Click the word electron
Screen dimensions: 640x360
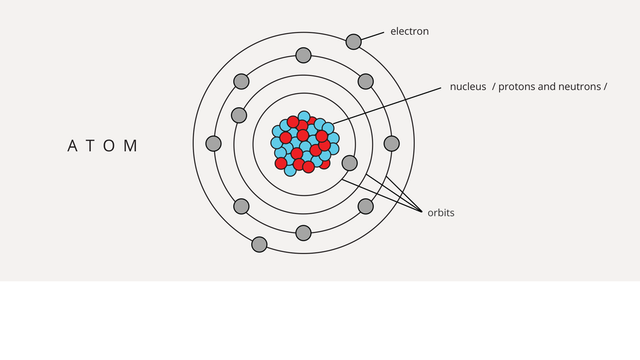[x=409, y=31]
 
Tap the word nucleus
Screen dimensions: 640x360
[x=468, y=87]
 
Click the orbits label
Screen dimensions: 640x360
[x=441, y=213]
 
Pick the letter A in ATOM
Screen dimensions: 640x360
[x=72, y=146]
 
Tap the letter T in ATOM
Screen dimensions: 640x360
[x=90, y=146]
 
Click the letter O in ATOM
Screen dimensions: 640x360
[x=109, y=146]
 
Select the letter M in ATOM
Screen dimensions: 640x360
[x=131, y=146]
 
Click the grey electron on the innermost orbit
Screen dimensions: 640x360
[x=349, y=163]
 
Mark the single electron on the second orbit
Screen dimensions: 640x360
[x=239, y=115]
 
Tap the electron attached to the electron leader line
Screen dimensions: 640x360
[x=353, y=41]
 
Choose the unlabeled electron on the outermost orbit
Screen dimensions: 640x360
[x=259, y=245]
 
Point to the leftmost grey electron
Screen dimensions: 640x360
[x=213, y=144]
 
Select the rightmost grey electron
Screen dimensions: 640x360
[x=391, y=144]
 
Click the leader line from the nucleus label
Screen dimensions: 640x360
[x=387, y=105]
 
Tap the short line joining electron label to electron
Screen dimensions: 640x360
[x=373, y=36]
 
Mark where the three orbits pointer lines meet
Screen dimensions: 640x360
[x=422, y=212]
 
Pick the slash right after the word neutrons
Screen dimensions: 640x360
[x=605, y=87]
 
